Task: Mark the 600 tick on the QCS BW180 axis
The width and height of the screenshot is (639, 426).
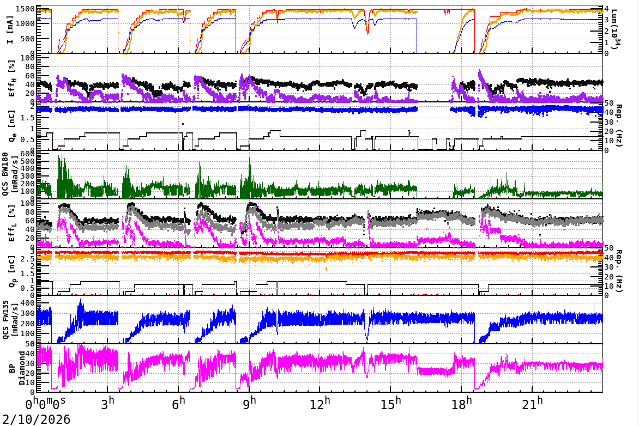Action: click(28, 154)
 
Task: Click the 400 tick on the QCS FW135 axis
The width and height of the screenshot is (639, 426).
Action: click(28, 303)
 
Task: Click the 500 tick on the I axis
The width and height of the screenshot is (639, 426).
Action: click(28, 39)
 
